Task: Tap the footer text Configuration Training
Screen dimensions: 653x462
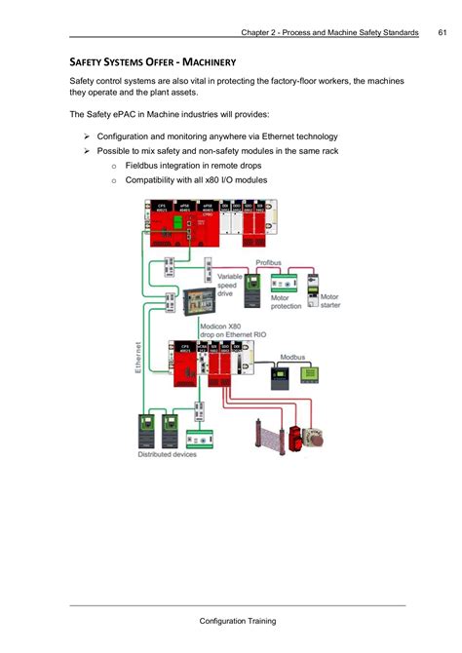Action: (x=238, y=621)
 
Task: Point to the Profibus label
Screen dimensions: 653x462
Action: (x=270, y=263)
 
